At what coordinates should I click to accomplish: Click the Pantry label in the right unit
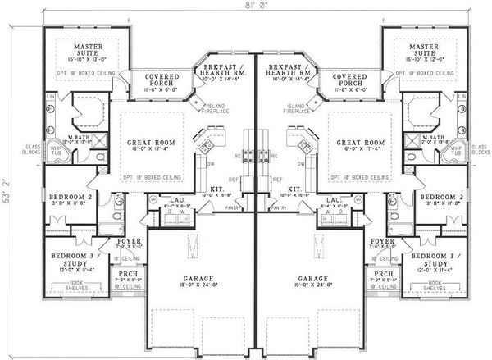[x=280, y=209]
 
